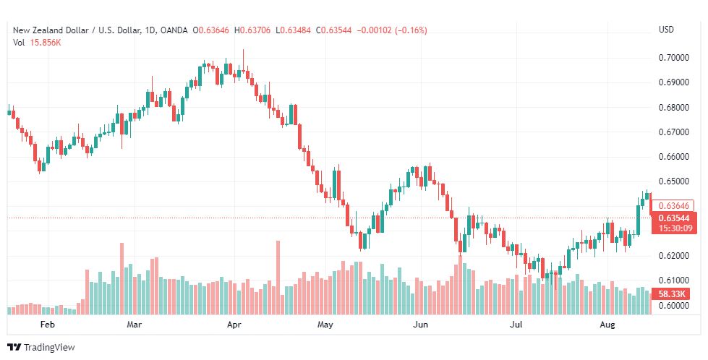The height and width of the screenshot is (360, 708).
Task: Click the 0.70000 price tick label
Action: pyautogui.click(x=673, y=58)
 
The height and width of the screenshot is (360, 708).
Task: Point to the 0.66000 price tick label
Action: pyautogui.click(x=673, y=157)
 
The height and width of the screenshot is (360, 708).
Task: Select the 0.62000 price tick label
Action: pyautogui.click(x=673, y=256)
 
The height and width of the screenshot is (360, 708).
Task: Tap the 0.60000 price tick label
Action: pyautogui.click(x=673, y=305)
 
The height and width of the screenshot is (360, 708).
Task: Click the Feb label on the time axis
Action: pyautogui.click(x=48, y=325)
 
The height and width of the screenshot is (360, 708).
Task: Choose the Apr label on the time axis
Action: pyautogui.click(x=234, y=325)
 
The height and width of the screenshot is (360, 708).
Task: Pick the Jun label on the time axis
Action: pyautogui.click(x=421, y=325)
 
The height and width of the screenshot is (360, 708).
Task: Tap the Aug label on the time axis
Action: pyautogui.click(x=607, y=325)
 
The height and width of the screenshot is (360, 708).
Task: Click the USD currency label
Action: pyautogui.click(x=666, y=30)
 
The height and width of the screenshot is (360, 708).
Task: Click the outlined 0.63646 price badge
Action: pyautogui.click(x=673, y=206)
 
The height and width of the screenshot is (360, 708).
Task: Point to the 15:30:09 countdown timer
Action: pyautogui.click(x=675, y=228)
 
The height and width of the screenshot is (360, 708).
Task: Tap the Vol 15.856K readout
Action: pyautogui.click(x=37, y=43)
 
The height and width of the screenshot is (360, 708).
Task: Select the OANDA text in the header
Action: pyautogui.click(x=174, y=30)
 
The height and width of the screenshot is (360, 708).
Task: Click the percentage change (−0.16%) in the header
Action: pyautogui.click(x=411, y=30)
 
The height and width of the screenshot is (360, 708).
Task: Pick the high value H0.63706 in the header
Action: pyautogui.click(x=252, y=30)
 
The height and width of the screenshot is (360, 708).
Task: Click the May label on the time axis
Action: pyautogui.click(x=325, y=325)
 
